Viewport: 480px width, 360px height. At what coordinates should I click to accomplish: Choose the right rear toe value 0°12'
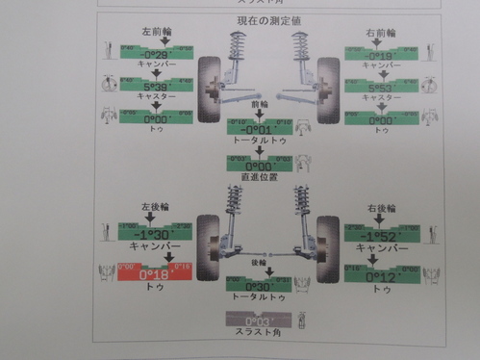[x=384, y=276]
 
